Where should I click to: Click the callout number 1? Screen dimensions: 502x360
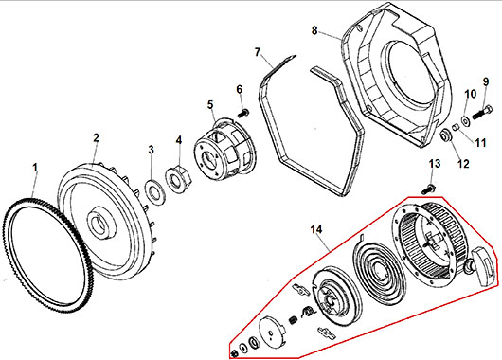35,168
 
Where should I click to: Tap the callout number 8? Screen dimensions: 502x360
314,30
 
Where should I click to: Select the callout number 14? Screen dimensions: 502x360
316,229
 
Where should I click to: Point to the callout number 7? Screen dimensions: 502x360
258,52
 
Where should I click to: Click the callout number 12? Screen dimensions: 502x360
463,164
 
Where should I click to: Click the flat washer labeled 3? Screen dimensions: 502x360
155,193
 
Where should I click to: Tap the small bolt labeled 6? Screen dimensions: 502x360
243,113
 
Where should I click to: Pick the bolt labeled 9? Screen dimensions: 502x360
482,113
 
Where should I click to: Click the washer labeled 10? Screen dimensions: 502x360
465,120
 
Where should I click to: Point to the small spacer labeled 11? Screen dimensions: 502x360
456,128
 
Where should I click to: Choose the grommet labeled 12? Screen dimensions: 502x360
445,135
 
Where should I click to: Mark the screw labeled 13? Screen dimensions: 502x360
428,189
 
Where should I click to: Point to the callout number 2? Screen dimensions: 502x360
96,138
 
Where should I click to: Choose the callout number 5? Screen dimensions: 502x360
210,105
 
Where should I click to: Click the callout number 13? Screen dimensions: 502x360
435,164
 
